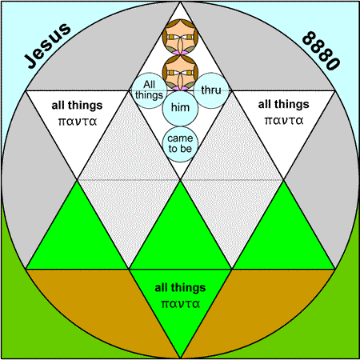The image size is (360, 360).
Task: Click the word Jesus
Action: point(48,46)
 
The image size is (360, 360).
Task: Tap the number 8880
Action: point(322,50)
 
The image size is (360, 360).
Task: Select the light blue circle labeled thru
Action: point(211,90)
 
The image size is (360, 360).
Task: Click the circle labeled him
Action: point(180,108)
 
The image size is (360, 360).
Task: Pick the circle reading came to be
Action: point(180,144)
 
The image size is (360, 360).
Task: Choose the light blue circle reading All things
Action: point(150,90)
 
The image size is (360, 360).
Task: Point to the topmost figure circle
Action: point(180,37)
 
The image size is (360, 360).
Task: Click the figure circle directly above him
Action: point(180,73)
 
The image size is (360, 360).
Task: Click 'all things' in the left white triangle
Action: point(77,106)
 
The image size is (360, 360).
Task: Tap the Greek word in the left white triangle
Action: point(78,122)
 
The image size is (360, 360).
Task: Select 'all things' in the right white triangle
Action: point(283,104)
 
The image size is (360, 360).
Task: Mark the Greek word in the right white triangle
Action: point(284,121)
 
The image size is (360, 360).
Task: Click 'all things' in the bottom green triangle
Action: point(180,288)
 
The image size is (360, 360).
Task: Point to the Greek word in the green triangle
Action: point(181,304)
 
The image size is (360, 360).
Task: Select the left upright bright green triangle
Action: point(78,239)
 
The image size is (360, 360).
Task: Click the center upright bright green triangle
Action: point(180,239)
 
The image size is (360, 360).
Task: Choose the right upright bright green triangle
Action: point(283,239)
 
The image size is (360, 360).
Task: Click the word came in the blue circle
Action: point(180,138)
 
